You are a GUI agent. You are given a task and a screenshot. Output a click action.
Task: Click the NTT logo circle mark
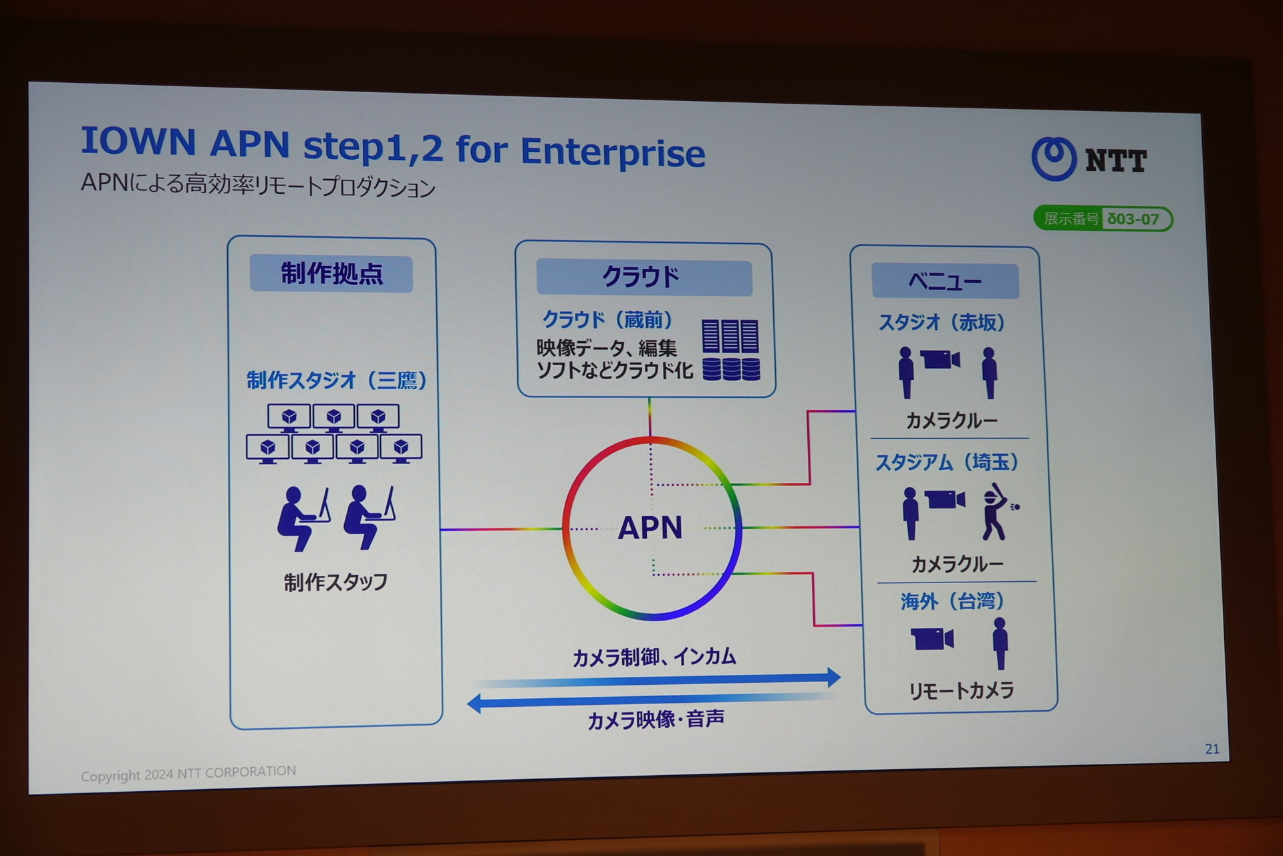(x=1054, y=158)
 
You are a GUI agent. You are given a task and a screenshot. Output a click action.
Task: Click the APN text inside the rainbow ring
(x=650, y=528)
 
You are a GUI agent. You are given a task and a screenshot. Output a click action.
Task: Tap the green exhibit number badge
(x=1103, y=219)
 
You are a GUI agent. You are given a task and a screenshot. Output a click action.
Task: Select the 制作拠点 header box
(x=331, y=274)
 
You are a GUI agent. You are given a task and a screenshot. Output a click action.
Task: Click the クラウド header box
(x=644, y=277)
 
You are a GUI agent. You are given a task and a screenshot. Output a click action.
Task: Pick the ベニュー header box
(x=945, y=281)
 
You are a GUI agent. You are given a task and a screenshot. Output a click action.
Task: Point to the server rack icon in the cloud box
(x=730, y=349)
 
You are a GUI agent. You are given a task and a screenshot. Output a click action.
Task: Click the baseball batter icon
(x=997, y=512)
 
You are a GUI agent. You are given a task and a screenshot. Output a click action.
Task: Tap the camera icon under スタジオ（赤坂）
(x=940, y=360)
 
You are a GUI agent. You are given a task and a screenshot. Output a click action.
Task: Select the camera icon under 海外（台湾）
(x=932, y=639)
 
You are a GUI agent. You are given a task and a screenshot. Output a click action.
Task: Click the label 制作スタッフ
(x=335, y=582)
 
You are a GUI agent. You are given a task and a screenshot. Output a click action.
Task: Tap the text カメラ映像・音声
(x=656, y=720)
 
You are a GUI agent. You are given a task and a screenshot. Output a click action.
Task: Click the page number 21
(x=1212, y=749)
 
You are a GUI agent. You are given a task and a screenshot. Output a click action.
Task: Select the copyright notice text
(x=188, y=773)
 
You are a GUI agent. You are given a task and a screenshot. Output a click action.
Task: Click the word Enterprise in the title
(x=613, y=152)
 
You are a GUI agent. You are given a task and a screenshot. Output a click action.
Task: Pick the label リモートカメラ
(x=961, y=690)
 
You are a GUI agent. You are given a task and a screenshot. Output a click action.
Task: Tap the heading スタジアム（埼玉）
(x=946, y=462)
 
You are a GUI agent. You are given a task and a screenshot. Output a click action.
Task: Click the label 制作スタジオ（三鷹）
(x=336, y=381)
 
